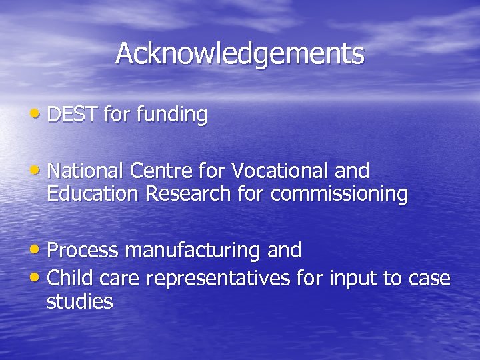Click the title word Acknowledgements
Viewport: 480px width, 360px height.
coord(240,53)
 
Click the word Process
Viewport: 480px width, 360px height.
coord(83,251)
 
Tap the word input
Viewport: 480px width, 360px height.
coord(353,279)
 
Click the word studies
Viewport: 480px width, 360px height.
coord(79,301)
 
